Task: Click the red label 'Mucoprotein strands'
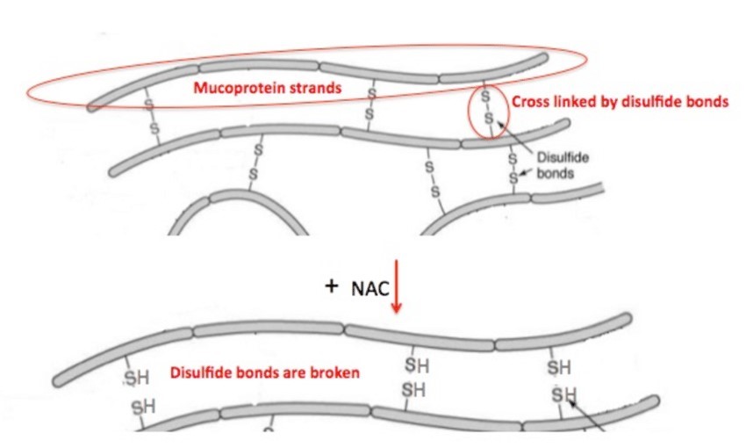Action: coord(268,87)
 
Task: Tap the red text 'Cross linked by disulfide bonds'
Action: coord(619,101)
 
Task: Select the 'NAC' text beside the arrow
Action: coord(365,290)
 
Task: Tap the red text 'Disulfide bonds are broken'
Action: coord(264,372)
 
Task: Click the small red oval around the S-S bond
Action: coord(487,112)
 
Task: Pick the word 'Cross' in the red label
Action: coord(529,101)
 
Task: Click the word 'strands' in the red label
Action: coord(317,87)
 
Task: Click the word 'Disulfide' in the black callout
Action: coord(562,158)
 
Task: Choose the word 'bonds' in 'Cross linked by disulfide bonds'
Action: coord(707,101)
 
